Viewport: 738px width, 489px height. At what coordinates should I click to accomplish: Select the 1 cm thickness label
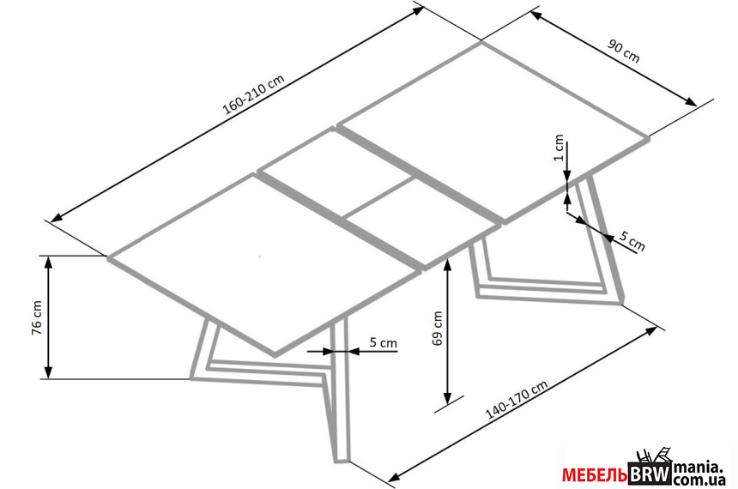pyautogui.click(x=559, y=148)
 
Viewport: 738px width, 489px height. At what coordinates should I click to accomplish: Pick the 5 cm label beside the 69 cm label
pyautogui.click(x=383, y=342)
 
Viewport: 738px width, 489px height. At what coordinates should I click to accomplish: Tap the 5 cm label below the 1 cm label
pyautogui.click(x=632, y=242)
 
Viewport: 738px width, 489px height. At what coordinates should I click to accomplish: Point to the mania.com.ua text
pyautogui.click(x=700, y=474)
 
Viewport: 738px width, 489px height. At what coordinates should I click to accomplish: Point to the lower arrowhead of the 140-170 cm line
pyautogui.click(x=396, y=474)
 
